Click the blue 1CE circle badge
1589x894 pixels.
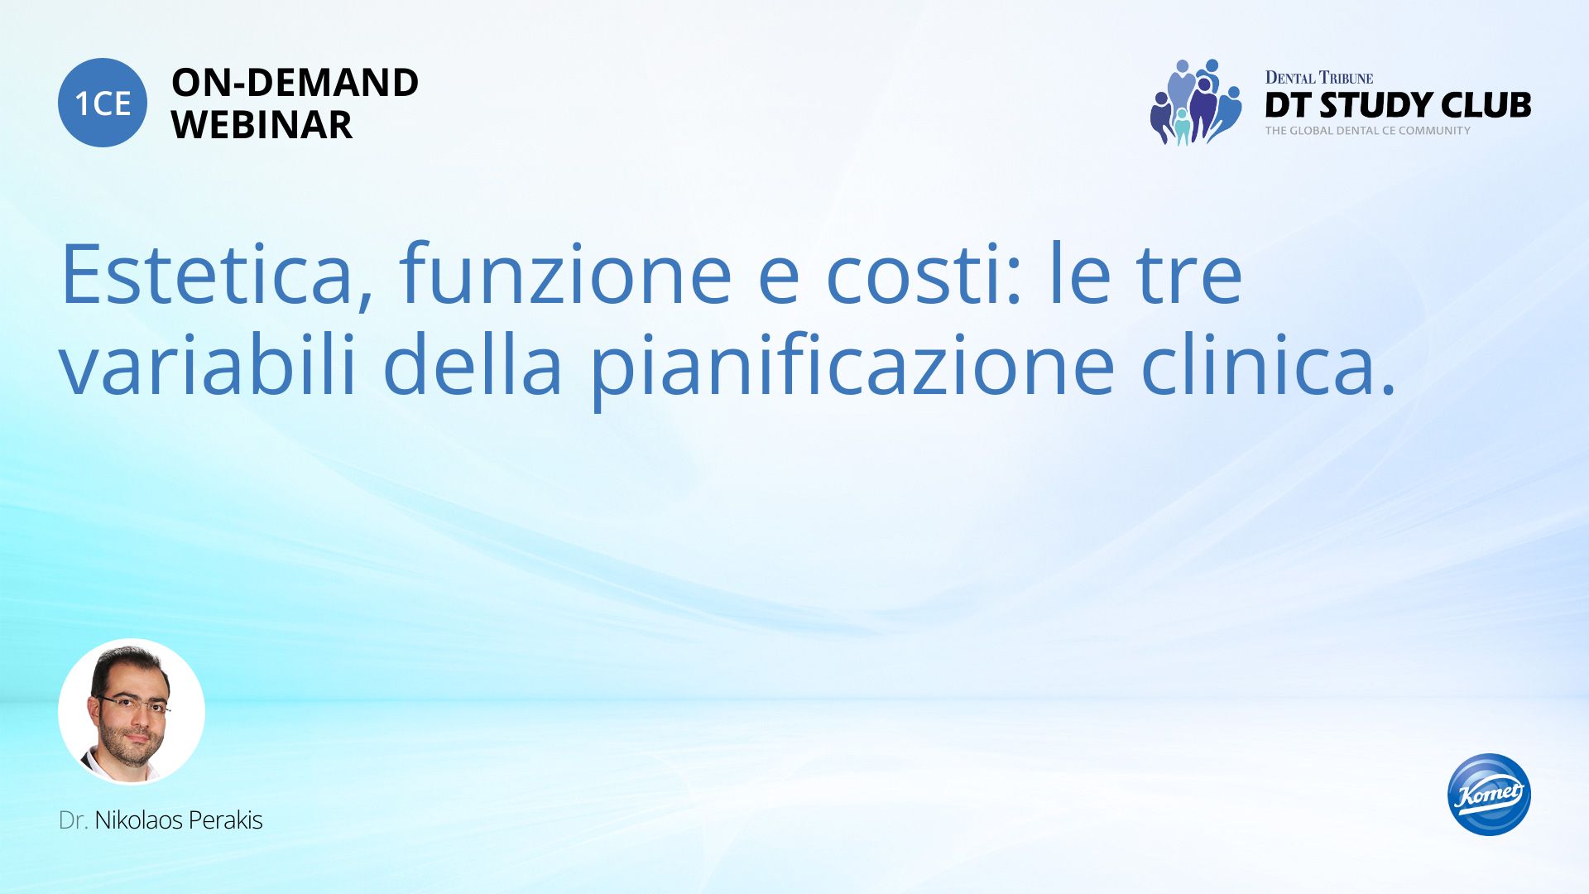[x=103, y=103]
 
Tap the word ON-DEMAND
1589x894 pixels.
[x=295, y=83]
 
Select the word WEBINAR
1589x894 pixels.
[x=262, y=125]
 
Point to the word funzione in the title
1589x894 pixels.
[x=565, y=273]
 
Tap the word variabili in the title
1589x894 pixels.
[x=208, y=363]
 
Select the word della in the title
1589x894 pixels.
[x=473, y=363]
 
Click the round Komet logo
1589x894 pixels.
[x=1489, y=794]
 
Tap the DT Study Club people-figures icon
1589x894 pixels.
[x=1195, y=102]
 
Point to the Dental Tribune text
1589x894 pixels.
[x=1318, y=78]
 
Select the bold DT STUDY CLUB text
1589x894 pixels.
[x=1398, y=105]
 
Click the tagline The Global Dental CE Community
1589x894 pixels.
[x=1367, y=131]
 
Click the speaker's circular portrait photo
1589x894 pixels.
[x=132, y=711]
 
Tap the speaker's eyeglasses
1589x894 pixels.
[x=132, y=704]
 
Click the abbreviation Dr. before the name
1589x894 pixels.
[x=74, y=820]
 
